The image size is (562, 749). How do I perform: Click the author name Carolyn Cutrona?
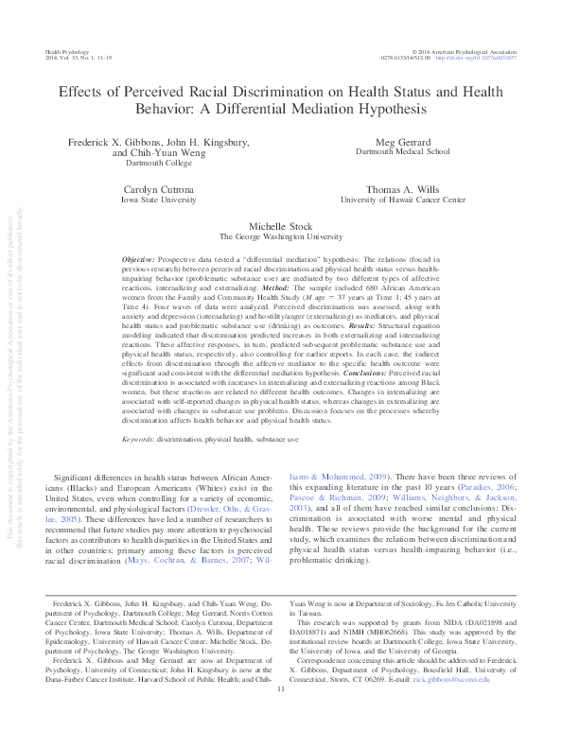pos(158,189)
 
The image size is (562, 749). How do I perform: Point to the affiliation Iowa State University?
pos(158,200)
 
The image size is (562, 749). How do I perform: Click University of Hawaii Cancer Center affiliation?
pos(402,200)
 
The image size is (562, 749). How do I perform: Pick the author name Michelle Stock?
pos(281,228)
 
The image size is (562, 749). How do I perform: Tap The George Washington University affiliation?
pos(281,238)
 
